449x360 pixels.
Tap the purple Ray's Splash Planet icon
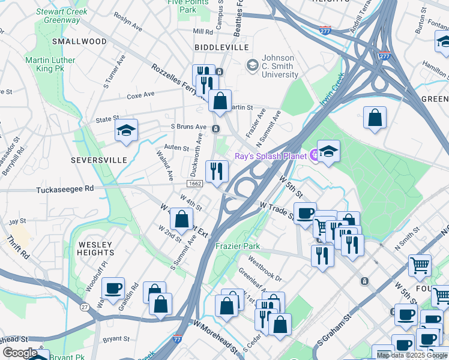coord(313,156)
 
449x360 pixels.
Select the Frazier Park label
coord(238,247)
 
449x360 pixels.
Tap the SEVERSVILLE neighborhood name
coord(98,160)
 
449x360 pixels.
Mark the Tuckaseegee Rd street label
coord(65,188)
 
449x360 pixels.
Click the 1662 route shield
coord(194,184)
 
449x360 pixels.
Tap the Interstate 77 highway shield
coord(178,338)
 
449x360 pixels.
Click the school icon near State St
coord(126,131)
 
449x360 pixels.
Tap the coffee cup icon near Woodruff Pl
coord(112,289)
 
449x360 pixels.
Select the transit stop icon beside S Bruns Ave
coord(215,128)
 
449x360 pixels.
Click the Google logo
coord(20,353)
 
